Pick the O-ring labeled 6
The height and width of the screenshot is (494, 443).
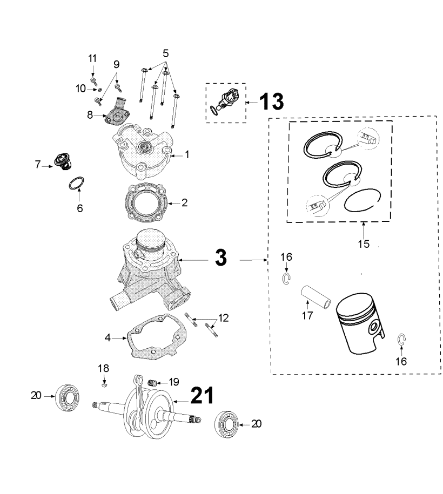tap(77, 182)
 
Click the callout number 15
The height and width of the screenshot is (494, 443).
tap(363, 243)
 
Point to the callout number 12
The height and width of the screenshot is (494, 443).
tap(223, 318)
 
